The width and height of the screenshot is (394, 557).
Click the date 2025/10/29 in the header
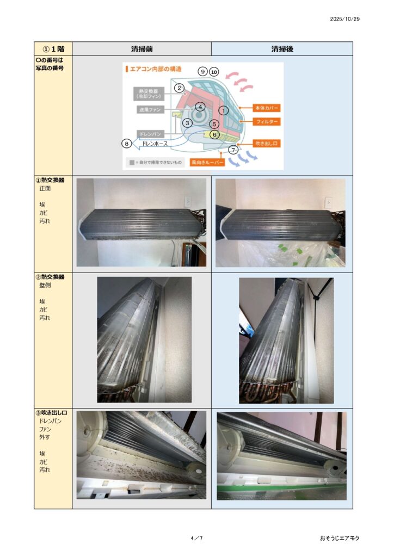[344, 19]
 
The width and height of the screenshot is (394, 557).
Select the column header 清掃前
[141, 49]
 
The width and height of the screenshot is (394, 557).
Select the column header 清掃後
[282, 49]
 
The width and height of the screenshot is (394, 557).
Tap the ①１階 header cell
[53, 49]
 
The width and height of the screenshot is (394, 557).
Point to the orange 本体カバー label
[267, 108]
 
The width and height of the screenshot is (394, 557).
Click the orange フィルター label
[267, 122]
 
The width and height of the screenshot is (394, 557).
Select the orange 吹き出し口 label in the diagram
[267, 144]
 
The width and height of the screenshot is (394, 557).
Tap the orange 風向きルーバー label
[207, 162]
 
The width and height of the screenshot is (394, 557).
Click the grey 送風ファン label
[150, 110]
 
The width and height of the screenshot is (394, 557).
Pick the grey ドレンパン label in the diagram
[150, 134]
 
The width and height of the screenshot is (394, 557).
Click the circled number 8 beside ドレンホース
[126, 144]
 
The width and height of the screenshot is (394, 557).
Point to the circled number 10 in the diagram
[214, 72]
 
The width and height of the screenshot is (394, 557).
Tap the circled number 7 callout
[233, 150]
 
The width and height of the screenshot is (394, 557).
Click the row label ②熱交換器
[50, 277]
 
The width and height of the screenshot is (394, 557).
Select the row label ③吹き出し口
[52, 413]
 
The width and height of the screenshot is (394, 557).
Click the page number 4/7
[197, 538]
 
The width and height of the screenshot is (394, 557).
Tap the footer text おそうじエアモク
[340, 538]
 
